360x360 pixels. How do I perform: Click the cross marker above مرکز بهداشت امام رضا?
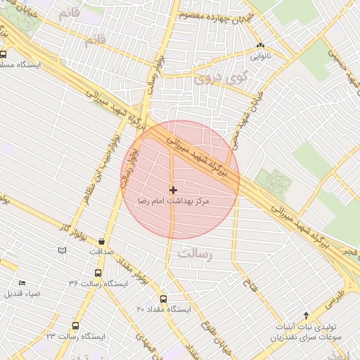[173, 189]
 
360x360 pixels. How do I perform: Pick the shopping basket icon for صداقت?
[103, 240]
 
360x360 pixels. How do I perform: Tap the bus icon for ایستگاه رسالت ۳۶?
[97, 273]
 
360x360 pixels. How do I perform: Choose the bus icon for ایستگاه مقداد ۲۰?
[163, 298]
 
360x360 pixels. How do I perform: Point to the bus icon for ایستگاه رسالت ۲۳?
[75, 326]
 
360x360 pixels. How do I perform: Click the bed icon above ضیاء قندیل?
[22, 283]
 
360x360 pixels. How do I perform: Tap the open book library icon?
[62, 250]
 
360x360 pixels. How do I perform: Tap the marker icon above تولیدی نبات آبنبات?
[306, 314]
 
